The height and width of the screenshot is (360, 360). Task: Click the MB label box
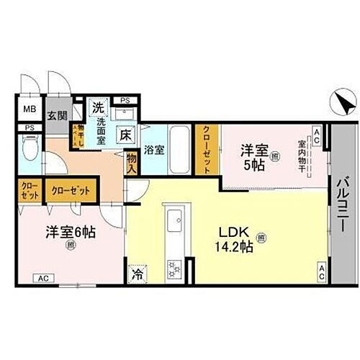(x=31, y=109)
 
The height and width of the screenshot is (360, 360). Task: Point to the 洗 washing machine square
(x=97, y=107)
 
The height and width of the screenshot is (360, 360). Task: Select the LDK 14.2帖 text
(x=238, y=240)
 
